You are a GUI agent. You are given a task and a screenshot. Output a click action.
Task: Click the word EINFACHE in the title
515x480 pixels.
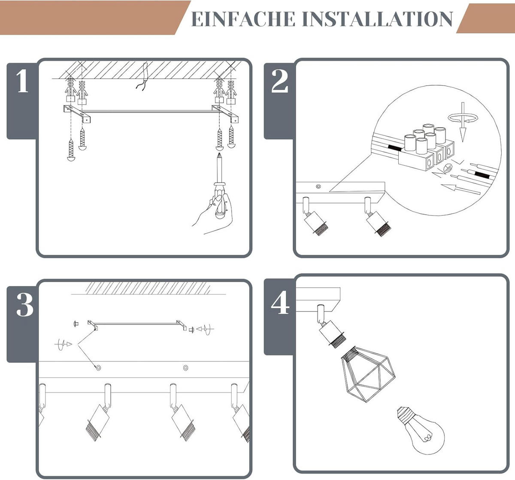point(243,19)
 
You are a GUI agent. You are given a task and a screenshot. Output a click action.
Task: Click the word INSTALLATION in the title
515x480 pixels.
point(377,19)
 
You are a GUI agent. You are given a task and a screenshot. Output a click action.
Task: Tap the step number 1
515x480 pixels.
point(23,81)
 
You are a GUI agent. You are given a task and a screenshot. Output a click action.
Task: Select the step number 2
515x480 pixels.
point(279,81)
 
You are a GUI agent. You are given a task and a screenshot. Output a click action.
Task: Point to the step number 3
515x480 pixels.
point(25,305)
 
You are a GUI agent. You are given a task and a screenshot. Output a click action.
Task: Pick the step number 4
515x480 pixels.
point(280,302)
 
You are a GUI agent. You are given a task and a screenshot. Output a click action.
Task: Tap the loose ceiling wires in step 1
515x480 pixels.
point(142,77)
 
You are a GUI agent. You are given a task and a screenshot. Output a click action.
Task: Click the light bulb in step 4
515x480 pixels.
point(420,430)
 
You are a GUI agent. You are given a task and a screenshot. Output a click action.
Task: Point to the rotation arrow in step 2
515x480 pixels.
point(463,118)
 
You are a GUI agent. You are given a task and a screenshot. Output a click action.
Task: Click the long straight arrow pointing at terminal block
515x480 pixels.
point(460,189)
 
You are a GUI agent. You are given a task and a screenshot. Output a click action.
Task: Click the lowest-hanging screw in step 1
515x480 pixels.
point(71,150)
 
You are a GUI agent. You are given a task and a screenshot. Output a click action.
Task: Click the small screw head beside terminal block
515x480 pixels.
point(448,168)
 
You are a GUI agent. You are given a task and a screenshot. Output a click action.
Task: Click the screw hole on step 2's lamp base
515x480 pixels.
point(318,186)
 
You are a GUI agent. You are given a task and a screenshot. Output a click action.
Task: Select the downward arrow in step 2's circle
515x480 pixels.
point(462,122)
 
